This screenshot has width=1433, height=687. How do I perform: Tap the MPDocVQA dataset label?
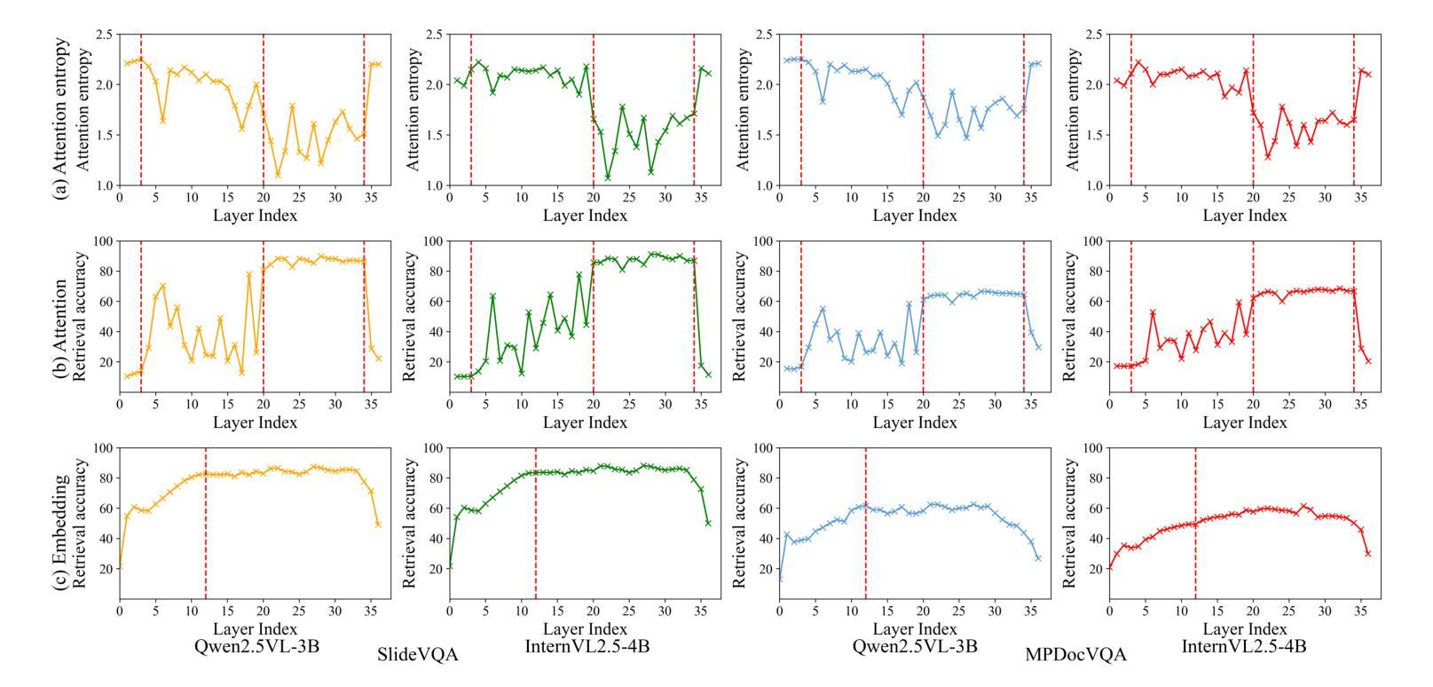click(x=1075, y=655)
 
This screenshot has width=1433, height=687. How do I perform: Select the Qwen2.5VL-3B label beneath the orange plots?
click(x=256, y=646)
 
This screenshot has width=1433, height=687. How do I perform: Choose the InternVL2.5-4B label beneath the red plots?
click(x=1244, y=646)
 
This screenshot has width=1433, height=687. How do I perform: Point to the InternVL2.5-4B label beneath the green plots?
click(x=587, y=646)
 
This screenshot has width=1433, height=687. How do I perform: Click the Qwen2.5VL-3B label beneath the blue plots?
click(x=915, y=646)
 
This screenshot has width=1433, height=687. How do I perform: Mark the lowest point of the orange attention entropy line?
click(x=278, y=175)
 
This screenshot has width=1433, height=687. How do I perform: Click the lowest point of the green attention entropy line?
click(x=608, y=178)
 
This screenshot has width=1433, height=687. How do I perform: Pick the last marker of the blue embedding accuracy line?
click(x=1038, y=557)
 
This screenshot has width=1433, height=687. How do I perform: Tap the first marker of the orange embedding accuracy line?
click(x=120, y=567)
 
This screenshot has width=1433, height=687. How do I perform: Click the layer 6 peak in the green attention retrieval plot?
click(x=492, y=296)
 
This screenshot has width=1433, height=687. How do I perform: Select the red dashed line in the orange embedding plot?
click(x=206, y=524)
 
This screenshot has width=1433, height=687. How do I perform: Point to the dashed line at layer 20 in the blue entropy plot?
click(x=923, y=110)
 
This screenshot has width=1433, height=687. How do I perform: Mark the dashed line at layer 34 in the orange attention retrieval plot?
click(x=364, y=316)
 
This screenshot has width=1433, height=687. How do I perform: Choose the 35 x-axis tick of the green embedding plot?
click(x=701, y=612)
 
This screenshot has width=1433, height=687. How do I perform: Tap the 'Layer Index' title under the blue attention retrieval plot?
click(x=915, y=423)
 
